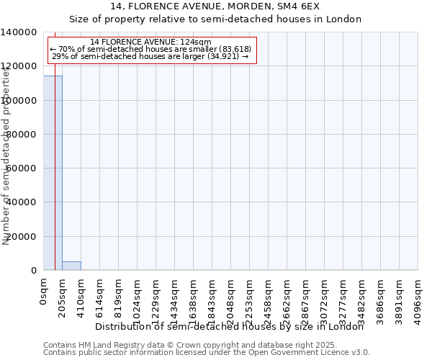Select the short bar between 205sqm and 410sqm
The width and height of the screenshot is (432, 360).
[71, 266]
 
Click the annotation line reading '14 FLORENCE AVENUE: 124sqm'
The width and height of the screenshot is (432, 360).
[150, 42]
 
